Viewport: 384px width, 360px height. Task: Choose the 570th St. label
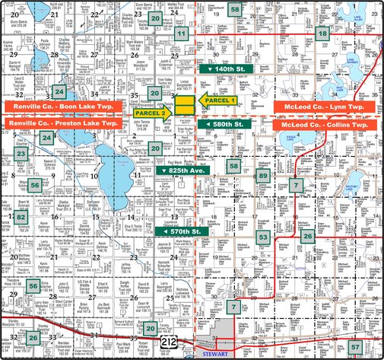coord(179,231)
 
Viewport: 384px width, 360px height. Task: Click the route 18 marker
coord(323,33)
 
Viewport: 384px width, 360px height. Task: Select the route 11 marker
coord(182,34)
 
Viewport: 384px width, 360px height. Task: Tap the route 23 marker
coord(21,154)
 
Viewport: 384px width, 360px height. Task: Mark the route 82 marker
coord(21,217)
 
